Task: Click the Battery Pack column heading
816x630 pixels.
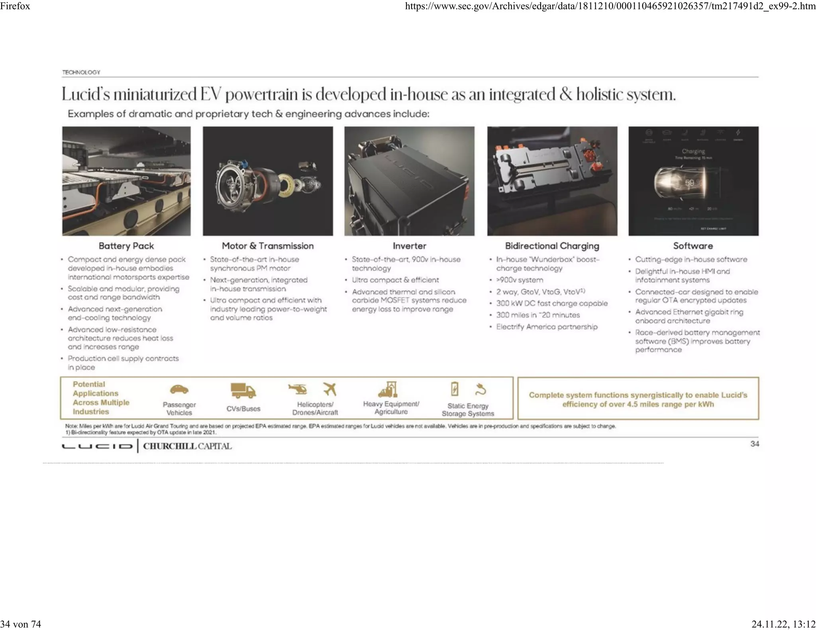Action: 126,246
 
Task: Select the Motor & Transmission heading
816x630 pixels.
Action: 267,246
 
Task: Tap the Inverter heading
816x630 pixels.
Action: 409,246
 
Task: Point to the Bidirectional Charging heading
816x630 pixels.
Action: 552,246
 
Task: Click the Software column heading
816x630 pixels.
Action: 693,246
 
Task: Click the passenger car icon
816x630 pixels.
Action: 179,389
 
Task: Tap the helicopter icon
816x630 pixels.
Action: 298,389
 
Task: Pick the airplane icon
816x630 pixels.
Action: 330,389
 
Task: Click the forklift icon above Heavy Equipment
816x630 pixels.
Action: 388,389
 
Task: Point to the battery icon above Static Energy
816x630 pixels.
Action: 455,389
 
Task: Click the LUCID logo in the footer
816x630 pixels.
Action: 97,446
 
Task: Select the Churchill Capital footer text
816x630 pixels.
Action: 187,446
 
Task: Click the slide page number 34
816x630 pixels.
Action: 754,444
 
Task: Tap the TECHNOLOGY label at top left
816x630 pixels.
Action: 81,72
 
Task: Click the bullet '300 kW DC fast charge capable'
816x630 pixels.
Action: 552,303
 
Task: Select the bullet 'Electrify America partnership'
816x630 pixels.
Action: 547,327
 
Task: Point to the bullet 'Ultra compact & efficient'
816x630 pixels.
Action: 395,280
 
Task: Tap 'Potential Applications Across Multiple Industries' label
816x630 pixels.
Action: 100,398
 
